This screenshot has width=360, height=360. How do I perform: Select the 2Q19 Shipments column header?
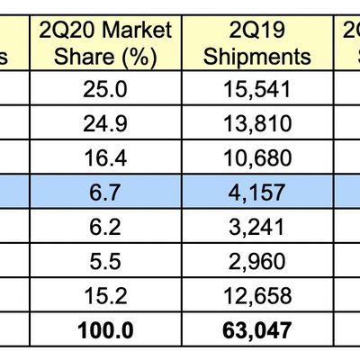[257, 43]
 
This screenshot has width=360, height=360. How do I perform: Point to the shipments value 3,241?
[257, 229]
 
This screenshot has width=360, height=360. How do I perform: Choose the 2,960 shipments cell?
[257, 262]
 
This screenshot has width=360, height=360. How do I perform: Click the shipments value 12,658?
[257, 296]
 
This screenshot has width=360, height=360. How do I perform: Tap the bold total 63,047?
[257, 330]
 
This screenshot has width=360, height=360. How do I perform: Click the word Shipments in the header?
[257, 57]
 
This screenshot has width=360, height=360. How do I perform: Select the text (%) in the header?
[140, 57]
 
